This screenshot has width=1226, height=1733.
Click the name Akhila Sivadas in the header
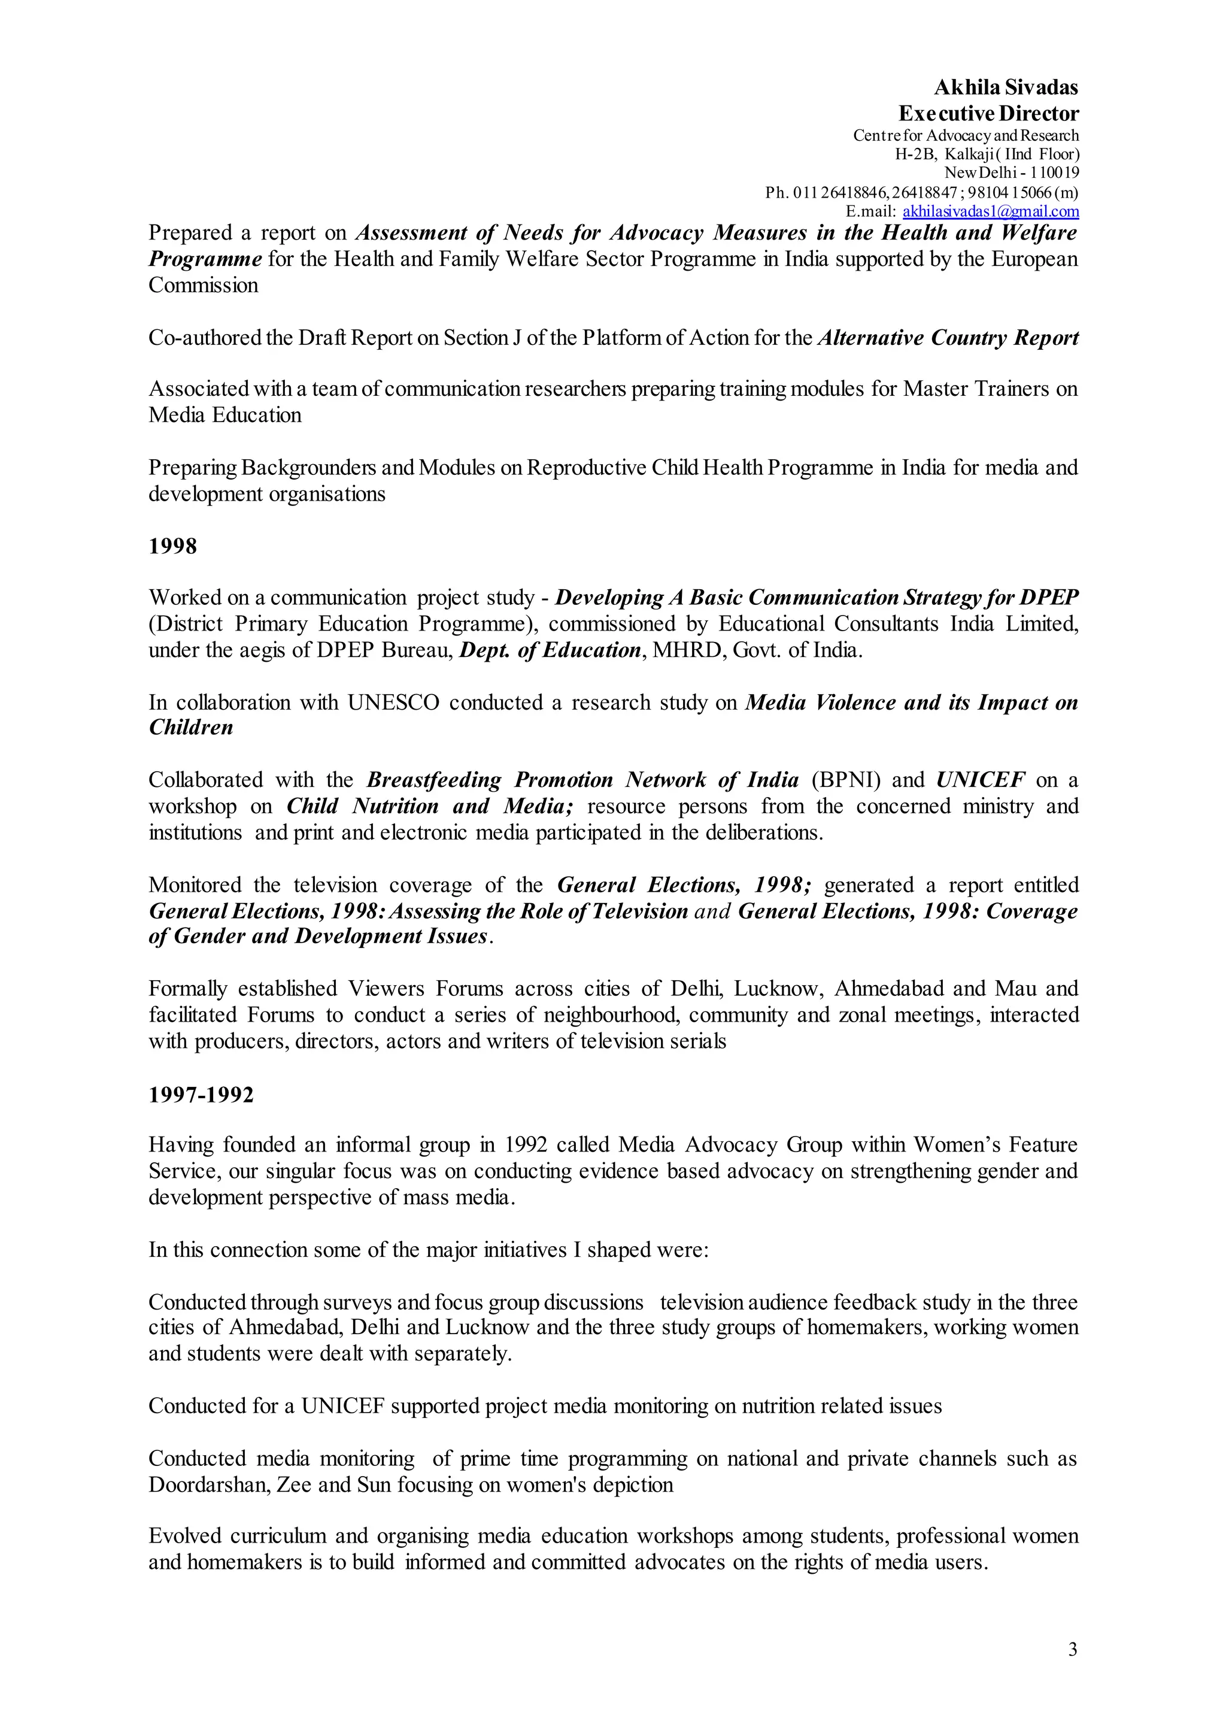point(1006,87)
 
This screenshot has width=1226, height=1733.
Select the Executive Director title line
point(988,114)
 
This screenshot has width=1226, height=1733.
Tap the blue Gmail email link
point(991,211)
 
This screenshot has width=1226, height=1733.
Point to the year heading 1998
point(173,547)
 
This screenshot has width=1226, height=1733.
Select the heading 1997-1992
point(201,1094)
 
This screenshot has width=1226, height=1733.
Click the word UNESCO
point(393,703)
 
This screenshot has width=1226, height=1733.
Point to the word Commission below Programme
point(203,286)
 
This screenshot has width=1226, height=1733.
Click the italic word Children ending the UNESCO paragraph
point(191,728)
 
